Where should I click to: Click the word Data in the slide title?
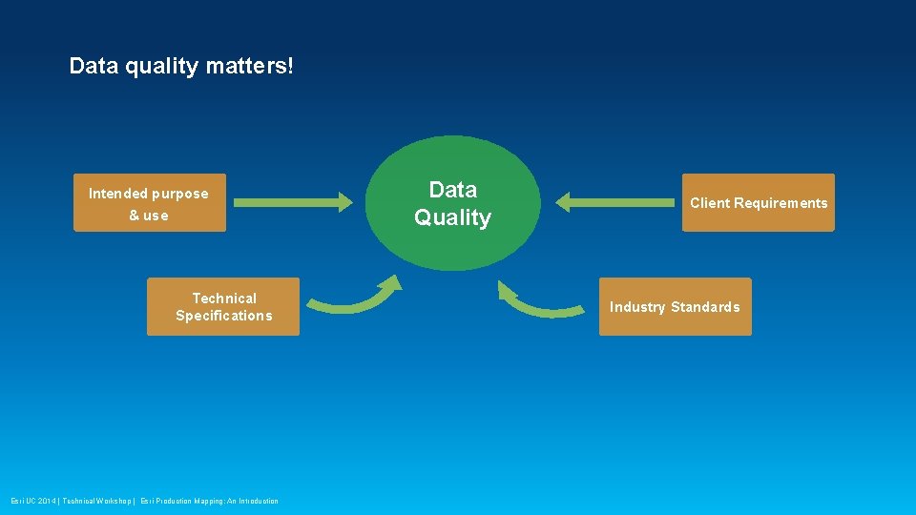pos(91,67)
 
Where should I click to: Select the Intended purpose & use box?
pos(150,203)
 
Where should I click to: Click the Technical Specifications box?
pos(223,307)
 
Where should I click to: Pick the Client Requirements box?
pos(759,203)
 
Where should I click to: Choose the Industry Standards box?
pos(675,307)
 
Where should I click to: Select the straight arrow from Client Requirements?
pos(615,202)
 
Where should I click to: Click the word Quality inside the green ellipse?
pos(453,218)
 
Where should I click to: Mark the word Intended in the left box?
pos(117,194)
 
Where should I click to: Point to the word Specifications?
pos(223,316)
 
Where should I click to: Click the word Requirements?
pos(781,203)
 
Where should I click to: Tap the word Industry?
pos(638,307)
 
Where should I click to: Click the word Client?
pos(710,203)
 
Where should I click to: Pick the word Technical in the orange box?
pos(224,299)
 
